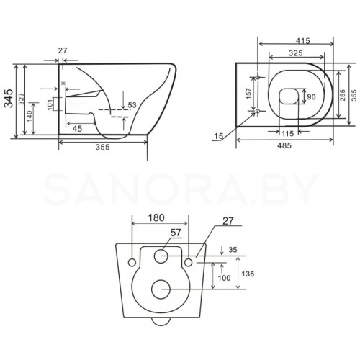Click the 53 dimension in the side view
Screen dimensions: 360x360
click(132, 106)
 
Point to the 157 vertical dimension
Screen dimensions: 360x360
click(249, 96)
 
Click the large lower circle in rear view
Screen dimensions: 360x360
click(161, 289)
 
